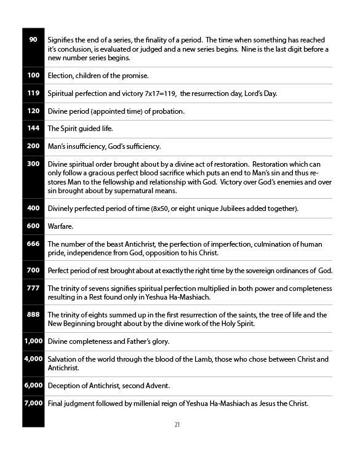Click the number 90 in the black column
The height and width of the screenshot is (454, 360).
pyautogui.click(x=33, y=39)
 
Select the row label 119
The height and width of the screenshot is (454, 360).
pyautogui.click(x=33, y=93)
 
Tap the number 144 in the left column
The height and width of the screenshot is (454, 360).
pyautogui.click(x=33, y=128)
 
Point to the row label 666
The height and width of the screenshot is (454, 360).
pyautogui.click(x=33, y=244)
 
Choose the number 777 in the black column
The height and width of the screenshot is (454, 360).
pyautogui.click(x=33, y=288)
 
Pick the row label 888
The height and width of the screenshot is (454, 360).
pyautogui.click(x=33, y=314)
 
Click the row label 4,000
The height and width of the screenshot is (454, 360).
pyautogui.click(x=33, y=359)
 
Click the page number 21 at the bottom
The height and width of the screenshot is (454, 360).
pyautogui.click(x=177, y=424)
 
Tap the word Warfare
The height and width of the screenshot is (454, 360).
pyautogui.click(x=60, y=226)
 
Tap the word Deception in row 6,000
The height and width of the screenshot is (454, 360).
pyautogui.click(x=65, y=386)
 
